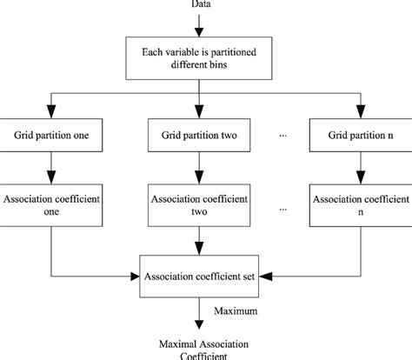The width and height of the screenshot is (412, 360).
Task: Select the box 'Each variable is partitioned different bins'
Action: click(x=205, y=57)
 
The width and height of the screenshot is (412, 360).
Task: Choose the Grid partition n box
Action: click(x=359, y=137)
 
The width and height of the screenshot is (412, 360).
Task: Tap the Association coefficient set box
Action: click(x=205, y=277)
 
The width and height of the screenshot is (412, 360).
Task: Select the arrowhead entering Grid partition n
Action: click(x=359, y=111)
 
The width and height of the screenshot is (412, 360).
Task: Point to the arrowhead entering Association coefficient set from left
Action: click(x=134, y=277)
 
